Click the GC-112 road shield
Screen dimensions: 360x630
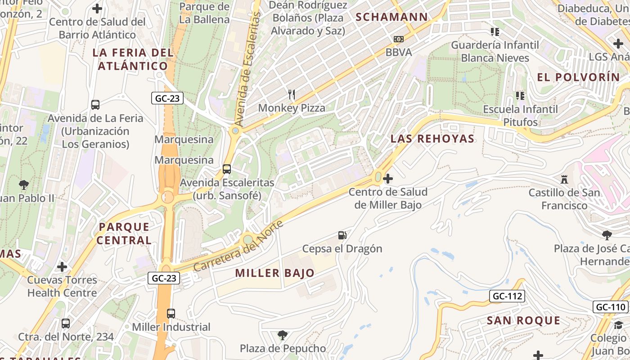point(507,296)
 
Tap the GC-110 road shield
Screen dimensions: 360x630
point(611,307)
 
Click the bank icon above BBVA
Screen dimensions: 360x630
point(399,39)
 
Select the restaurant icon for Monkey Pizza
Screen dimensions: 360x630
point(292,94)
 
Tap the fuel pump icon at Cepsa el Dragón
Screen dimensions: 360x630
point(342,235)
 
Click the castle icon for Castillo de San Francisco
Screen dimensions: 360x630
point(564,180)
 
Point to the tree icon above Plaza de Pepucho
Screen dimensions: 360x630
point(283,335)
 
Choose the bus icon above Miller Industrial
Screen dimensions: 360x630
point(171,314)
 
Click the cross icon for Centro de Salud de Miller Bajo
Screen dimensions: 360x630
point(388,179)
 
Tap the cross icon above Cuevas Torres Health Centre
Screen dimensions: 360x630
point(62,267)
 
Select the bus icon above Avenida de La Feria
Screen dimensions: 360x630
point(95,105)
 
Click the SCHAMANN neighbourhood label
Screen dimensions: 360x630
point(392,17)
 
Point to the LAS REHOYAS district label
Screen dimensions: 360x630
point(432,139)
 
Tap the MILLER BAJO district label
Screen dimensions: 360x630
point(274,273)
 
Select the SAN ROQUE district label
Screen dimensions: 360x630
point(524,320)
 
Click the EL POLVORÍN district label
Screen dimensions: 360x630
point(579,77)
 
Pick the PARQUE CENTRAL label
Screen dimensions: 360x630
point(124,233)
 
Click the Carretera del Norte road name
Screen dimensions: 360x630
point(238,246)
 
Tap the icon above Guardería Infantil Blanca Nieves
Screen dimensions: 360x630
point(495,31)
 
